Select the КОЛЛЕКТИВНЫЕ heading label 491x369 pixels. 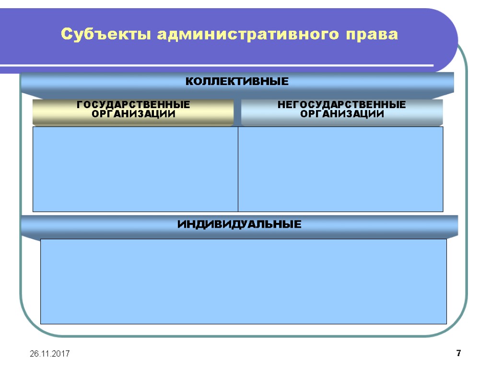point(237,82)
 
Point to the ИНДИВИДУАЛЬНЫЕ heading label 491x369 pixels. point(240,224)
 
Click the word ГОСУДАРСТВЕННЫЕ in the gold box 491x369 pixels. point(133,105)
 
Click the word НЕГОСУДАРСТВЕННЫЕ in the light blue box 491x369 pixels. point(342,105)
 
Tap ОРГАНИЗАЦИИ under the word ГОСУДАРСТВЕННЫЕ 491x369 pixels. point(133,114)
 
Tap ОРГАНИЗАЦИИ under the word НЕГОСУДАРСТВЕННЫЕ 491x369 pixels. point(342,114)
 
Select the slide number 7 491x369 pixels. point(458,354)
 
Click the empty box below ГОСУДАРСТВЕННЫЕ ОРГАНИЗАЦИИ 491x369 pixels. point(135,169)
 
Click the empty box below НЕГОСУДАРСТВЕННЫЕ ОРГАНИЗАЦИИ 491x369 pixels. point(340,169)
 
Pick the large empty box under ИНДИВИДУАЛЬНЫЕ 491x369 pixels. point(244,281)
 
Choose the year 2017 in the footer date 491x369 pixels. point(61,354)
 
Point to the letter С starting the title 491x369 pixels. point(66,35)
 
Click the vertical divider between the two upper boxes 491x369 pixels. point(238,169)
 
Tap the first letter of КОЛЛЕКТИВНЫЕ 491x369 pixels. point(189,82)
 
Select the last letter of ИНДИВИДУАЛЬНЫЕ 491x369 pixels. point(298,224)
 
